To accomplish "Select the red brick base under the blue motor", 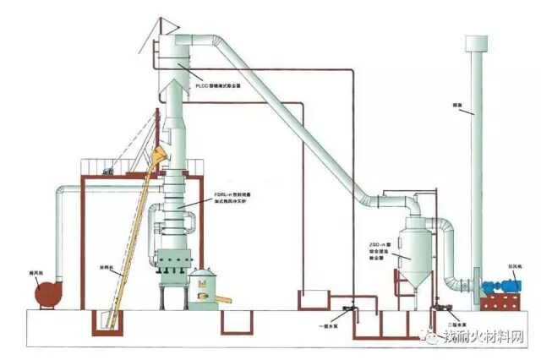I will [x=501, y=302].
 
